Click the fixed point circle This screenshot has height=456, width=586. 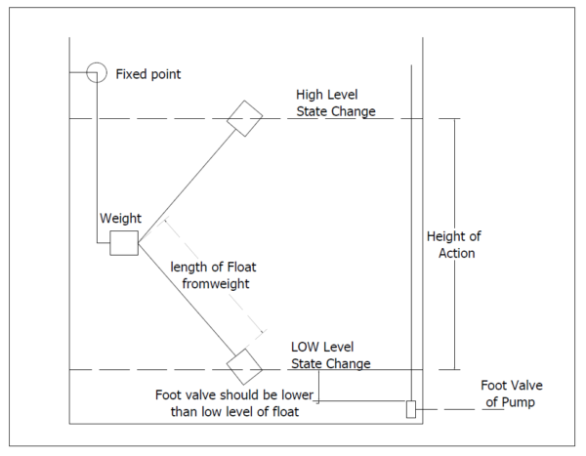point(96,73)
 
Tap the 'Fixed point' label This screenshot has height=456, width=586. point(148,74)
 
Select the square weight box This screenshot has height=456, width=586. point(123,242)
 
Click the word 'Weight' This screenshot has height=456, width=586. point(120,218)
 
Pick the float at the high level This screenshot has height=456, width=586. point(245,117)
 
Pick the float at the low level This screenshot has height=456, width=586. point(243,367)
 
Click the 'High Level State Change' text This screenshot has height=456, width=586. point(336,103)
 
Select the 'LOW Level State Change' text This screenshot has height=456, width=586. point(331,355)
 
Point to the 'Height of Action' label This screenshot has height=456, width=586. point(454,245)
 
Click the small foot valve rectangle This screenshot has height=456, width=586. point(411,409)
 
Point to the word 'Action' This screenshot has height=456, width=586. point(455,254)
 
